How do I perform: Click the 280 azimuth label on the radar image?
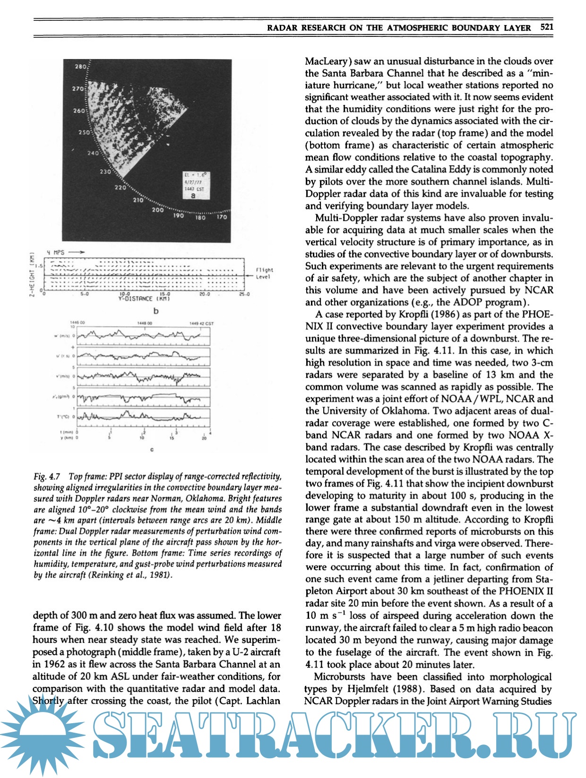[x=80, y=67]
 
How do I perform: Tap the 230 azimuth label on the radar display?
[x=105, y=171]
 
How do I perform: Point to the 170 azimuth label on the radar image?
[x=222, y=217]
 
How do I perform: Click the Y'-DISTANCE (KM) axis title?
[x=144, y=298]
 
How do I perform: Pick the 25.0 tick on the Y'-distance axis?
[x=244, y=294]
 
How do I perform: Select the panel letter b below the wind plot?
[x=155, y=311]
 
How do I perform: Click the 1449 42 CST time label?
[x=202, y=323]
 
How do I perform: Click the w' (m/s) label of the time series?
[x=63, y=336]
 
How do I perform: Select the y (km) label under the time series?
[x=65, y=437]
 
